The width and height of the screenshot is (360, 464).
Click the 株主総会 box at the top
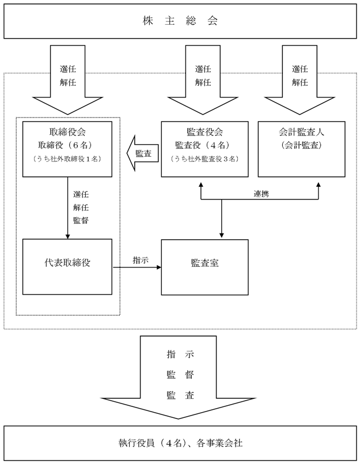click(x=180, y=21)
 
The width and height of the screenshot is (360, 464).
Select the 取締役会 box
click(x=67, y=149)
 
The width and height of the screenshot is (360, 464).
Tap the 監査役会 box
click(x=204, y=149)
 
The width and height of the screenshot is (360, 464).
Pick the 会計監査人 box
click(x=301, y=149)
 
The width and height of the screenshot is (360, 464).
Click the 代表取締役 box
click(x=67, y=267)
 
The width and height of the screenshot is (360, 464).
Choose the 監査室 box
click(x=204, y=267)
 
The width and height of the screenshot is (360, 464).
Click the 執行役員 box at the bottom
click(x=180, y=443)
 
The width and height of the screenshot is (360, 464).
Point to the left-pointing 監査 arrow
click(x=143, y=153)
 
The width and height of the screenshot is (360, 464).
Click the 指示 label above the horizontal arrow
click(x=141, y=261)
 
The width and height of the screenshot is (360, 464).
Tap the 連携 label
click(x=261, y=194)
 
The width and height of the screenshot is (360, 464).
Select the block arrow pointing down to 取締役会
click(x=68, y=80)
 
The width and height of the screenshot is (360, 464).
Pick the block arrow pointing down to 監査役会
click(x=203, y=80)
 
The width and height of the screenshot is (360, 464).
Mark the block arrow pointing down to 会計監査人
click(x=300, y=80)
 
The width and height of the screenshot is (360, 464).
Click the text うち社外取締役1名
click(x=67, y=159)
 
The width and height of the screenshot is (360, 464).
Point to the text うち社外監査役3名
click(x=204, y=159)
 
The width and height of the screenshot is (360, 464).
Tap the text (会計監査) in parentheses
click(x=301, y=145)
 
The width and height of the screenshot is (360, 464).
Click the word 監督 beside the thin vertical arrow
click(x=81, y=220)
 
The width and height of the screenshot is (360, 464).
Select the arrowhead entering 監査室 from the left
click(x=159, y=267)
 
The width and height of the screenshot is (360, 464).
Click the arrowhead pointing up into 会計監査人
click(x=319, y=184)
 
